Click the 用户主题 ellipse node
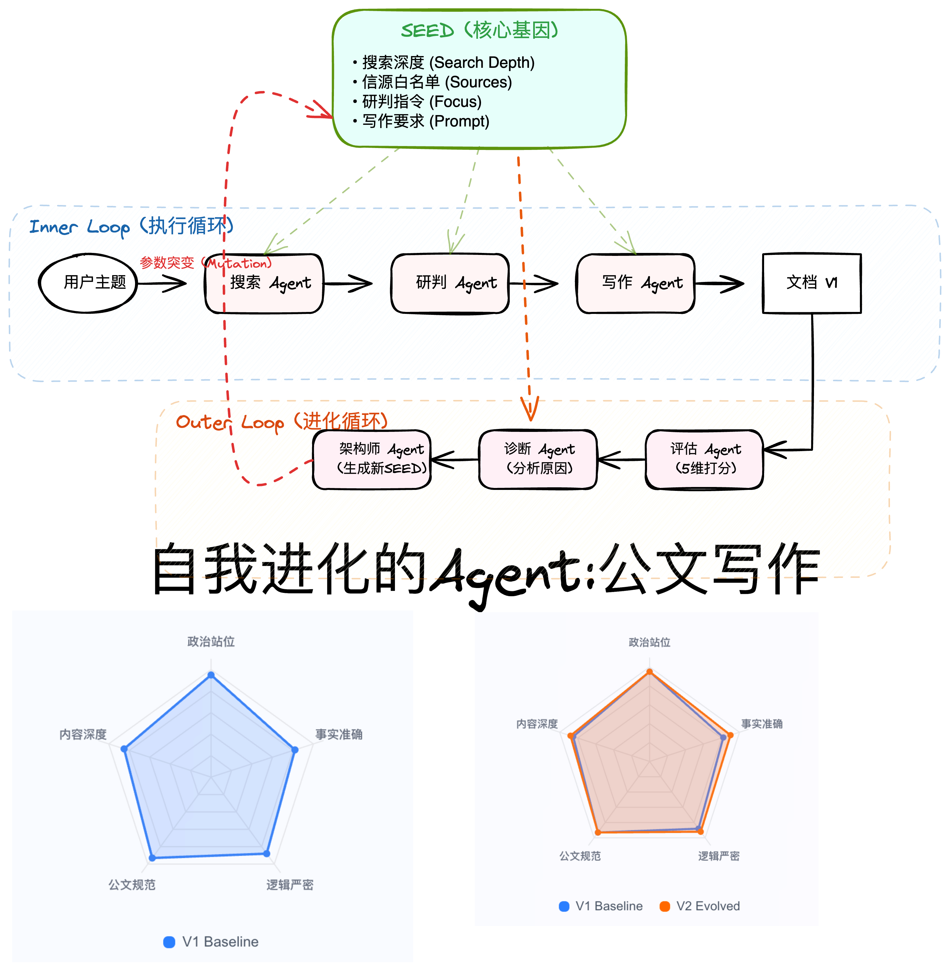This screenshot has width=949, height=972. coord(88,283)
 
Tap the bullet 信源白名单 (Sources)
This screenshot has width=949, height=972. coord(437,82)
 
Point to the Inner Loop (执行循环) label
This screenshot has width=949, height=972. coord(131,227)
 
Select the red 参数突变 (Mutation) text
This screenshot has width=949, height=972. coord(205,262)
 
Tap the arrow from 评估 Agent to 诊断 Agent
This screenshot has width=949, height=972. coord(621,459)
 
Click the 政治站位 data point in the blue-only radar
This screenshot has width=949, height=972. coord(211,675)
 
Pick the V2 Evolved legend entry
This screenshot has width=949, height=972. coord(700,906)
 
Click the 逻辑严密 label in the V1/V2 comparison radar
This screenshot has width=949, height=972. coord(718,856)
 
